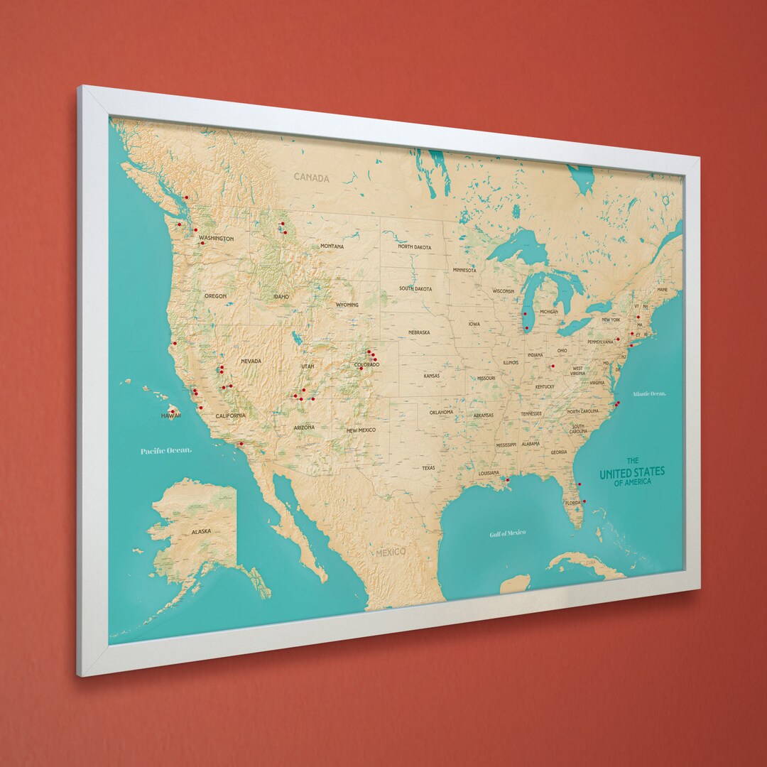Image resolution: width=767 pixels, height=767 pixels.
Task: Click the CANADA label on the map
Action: (312, 178)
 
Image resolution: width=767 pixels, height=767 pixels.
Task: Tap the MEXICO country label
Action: (391, 552)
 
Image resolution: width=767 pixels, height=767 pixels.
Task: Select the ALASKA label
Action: (202, 531)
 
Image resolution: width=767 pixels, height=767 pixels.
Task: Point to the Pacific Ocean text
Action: (165, 451)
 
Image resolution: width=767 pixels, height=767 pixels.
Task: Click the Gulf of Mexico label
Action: (508, 533)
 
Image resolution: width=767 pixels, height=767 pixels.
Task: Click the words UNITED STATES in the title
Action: (632, 473)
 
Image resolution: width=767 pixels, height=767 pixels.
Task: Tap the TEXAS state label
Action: (428, 468)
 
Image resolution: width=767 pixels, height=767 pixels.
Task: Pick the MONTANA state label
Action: (332, 246)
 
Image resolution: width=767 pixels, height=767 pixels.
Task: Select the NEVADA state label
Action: (251, 361)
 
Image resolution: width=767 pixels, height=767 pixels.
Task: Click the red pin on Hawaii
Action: (172, 411)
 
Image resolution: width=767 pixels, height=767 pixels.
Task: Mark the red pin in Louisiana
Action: (507, 479)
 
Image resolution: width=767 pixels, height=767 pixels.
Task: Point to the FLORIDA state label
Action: (572, 503)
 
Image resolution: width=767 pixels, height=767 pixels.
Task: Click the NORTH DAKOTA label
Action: (414, 246)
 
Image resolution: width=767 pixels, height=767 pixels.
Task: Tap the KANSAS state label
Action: (432, 376)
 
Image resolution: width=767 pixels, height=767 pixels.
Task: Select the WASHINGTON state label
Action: (216, 239)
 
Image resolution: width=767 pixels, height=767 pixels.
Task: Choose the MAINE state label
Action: (663, 290)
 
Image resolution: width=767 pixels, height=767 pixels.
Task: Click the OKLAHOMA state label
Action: (441, 412)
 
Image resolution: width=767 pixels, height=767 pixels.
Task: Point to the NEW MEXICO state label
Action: (361, 430)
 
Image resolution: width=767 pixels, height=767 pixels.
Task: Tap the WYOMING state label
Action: (347, 305)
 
